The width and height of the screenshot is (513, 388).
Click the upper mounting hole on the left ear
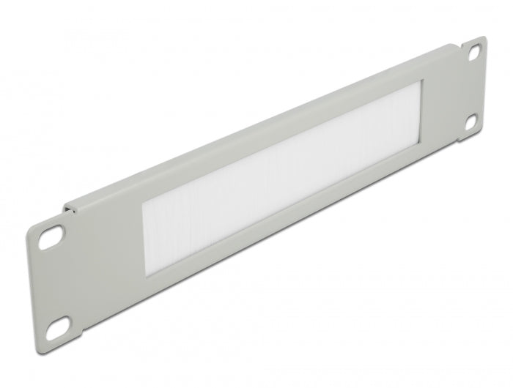(x=51, y=237)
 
